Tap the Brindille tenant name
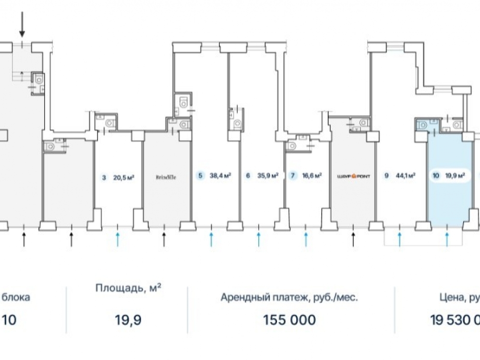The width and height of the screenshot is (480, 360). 166,177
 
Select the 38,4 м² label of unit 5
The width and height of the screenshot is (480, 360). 220,176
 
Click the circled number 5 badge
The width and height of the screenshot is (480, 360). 200,176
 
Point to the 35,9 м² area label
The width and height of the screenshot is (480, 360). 268,176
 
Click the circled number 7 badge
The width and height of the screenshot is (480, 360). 293,176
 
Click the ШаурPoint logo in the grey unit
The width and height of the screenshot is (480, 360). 353,176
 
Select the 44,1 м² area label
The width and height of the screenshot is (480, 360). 406,176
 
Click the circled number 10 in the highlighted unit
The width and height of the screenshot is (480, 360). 435,176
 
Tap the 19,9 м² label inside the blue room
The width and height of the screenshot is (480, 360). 455,176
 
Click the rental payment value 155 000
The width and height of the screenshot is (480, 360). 289,319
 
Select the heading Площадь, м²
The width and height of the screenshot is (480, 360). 128,288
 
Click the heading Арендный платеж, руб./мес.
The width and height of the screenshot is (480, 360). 289,298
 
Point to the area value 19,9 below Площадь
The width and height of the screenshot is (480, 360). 128,319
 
